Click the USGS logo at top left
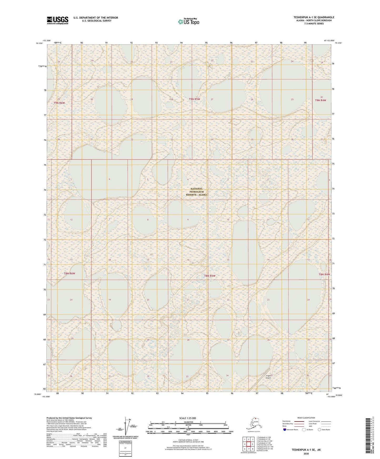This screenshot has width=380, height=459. [x=57, y=20]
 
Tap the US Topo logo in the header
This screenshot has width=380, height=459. [x=188, y=22]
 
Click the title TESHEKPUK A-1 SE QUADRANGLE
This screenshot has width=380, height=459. [x=314, y=17]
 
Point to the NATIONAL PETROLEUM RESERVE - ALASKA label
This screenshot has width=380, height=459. [x=197, y=192]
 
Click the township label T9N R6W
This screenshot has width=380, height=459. [x=59, y=103]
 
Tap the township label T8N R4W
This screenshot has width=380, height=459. [x=324, y=274]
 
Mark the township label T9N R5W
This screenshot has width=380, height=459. [x=194, y=99]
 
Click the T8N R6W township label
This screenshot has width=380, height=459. [x=69, y=273]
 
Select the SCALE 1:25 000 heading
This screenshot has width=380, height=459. [x=188, y=418]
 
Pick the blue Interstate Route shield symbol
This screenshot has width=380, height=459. [x=285, y=430]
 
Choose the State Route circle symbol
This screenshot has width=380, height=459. [x=319, y=430]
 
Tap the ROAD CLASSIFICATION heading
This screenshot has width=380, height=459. [x=306, y=418]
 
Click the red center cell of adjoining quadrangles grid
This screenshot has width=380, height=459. [x=249, y=445]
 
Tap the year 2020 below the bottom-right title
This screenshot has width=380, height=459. [x=306, y=453]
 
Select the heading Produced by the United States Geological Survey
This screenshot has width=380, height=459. [x=69, y=418]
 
